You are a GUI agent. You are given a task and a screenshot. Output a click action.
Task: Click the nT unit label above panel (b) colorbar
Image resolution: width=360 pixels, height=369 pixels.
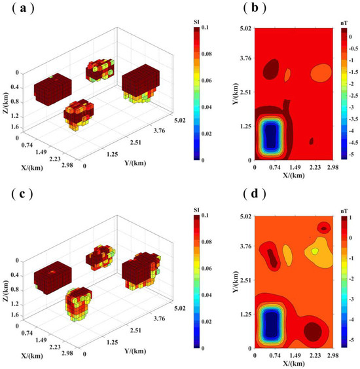(344, 22)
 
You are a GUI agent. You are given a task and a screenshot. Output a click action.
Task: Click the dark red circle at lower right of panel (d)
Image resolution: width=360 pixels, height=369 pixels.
(313, 332)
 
